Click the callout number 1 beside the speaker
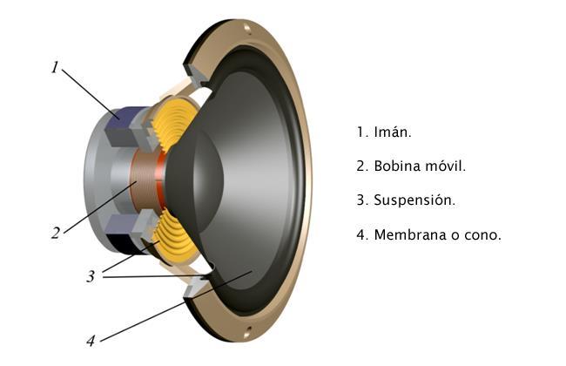coord(54,67)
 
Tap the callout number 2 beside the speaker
coord(55,233)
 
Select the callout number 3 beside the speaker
coord(91,277)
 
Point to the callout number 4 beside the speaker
coord(91,340)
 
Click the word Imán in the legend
coord(392,132)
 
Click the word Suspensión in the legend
coord(414,200)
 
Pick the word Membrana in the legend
coord(409,235)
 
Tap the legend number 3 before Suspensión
coord(360,200)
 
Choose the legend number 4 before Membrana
coord(360,235)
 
